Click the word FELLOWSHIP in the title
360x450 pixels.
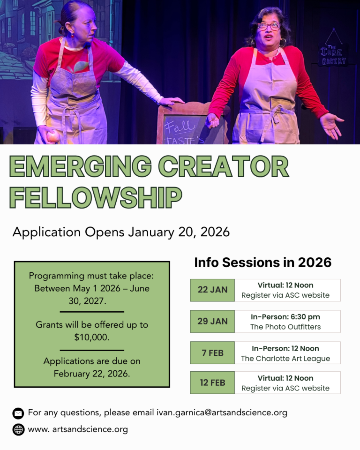pos(96,197)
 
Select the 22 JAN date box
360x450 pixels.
pos(212,290)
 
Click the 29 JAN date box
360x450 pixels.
pos(212,321)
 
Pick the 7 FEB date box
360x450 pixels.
pos(212,352)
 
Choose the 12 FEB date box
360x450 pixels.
pos(212,382)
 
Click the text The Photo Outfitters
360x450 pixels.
pos(285,327)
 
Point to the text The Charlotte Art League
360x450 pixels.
pos(285,358)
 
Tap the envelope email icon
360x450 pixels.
pos(18,413)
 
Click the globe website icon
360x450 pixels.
pos(18,429)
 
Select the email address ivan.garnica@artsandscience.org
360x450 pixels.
pos(222,413)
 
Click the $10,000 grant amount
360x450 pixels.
pos(92,337)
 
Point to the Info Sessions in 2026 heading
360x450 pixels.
pos(262,262)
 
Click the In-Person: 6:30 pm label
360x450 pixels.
pos(285,317)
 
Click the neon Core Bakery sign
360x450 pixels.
pos(333,55)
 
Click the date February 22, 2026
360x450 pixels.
pos(92,374)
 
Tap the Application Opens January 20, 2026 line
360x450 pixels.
pos(121,232)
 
